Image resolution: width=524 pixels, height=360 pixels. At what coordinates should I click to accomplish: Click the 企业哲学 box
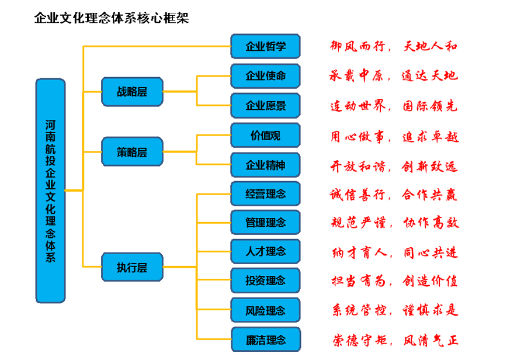(265, 46)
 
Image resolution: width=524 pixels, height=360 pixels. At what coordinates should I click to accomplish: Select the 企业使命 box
(265, 76)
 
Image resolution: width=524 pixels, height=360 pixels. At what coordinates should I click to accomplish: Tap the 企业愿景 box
(265, 106)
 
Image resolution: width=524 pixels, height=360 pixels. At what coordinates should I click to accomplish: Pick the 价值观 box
(265, 136)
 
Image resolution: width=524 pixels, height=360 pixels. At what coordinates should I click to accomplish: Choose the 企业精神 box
(265, 165)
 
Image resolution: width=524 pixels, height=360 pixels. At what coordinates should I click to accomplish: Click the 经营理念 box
(265, 193)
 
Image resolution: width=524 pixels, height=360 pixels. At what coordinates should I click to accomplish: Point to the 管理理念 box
(265, 222)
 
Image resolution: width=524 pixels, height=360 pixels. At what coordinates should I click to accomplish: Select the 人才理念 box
(265, 251)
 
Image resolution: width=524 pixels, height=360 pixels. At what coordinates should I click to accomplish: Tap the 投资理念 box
(265, 281)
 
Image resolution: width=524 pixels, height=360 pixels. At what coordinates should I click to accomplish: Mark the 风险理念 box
(265, 310)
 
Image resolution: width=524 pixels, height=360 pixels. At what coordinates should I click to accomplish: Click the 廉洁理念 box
(265, 340)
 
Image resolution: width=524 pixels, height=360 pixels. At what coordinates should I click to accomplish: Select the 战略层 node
(132, 92)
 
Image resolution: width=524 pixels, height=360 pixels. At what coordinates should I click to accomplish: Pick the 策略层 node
(132, 152)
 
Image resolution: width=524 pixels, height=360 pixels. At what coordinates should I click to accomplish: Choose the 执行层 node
(132, 268)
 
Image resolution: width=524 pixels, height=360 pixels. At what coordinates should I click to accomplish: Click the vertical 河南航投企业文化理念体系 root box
(51, 191)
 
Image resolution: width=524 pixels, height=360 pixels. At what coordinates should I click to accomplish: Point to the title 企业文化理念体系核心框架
(112, 18)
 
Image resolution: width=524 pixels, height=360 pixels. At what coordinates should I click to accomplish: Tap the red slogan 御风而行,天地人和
(394, 46)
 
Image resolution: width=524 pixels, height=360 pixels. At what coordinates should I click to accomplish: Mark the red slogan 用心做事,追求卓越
(394, 137)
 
